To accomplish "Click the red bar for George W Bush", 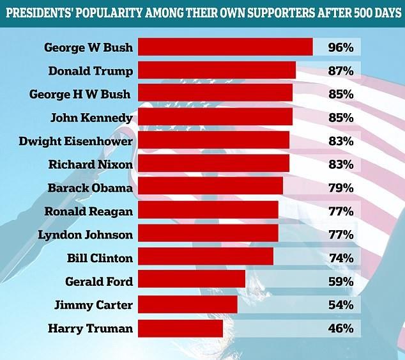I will pyautogui.click(x=225, y=47).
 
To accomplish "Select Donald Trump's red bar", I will pyautogui.click(x=217, y=70).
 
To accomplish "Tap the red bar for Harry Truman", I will pyautogui.click(x=180, y=329).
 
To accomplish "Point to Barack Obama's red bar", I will pyautogui.click(x=210, y=187).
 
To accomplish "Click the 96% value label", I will pyautogui.click(x=340, y=47).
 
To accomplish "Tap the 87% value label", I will pyautogui.click(x=340, y=70).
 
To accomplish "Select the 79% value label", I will pyautogui.click(x=340, y=188).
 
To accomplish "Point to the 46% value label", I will pyautogui.click(x=340, y=329).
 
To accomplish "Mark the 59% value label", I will pyautogui.click(x=340, y=282).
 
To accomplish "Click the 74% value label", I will pyautogui.click(x=340, y=258).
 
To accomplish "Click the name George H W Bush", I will pyautogui.click(x=80, y=94).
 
